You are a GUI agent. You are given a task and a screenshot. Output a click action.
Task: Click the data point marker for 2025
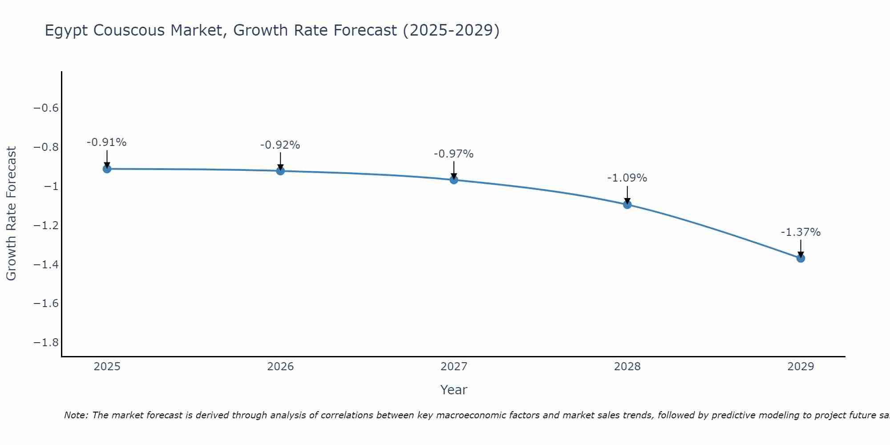coord(107,169)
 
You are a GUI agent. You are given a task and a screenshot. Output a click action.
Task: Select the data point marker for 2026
coord(280,170)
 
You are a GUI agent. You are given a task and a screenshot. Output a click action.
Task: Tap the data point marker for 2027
coord(454,180)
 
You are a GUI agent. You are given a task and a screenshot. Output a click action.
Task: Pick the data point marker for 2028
coord(627,205)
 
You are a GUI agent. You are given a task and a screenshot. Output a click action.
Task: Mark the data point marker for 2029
coord(801,258)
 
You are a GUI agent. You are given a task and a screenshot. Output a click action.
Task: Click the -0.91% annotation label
coord(107,142)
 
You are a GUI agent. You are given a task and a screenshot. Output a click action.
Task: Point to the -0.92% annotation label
coord(280,145)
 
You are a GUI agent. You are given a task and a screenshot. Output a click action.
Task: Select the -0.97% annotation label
coord(454,154)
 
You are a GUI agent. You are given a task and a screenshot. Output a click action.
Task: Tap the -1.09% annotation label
coord(627,178)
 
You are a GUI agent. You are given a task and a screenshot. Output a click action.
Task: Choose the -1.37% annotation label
coord(801,232)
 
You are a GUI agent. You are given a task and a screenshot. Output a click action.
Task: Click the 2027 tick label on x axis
coord(454,367)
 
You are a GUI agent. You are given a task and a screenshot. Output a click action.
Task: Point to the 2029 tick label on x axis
coord(801,367)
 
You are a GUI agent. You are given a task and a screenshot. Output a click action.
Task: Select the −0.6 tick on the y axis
coord(46,108)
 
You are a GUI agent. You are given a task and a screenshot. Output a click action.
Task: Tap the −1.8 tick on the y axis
coord(46,343)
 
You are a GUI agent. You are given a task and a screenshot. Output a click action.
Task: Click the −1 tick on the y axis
coord(52,186)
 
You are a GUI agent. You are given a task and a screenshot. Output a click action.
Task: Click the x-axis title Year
coord(454,390)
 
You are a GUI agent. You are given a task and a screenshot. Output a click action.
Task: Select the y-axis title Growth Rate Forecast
coord(11,214)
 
